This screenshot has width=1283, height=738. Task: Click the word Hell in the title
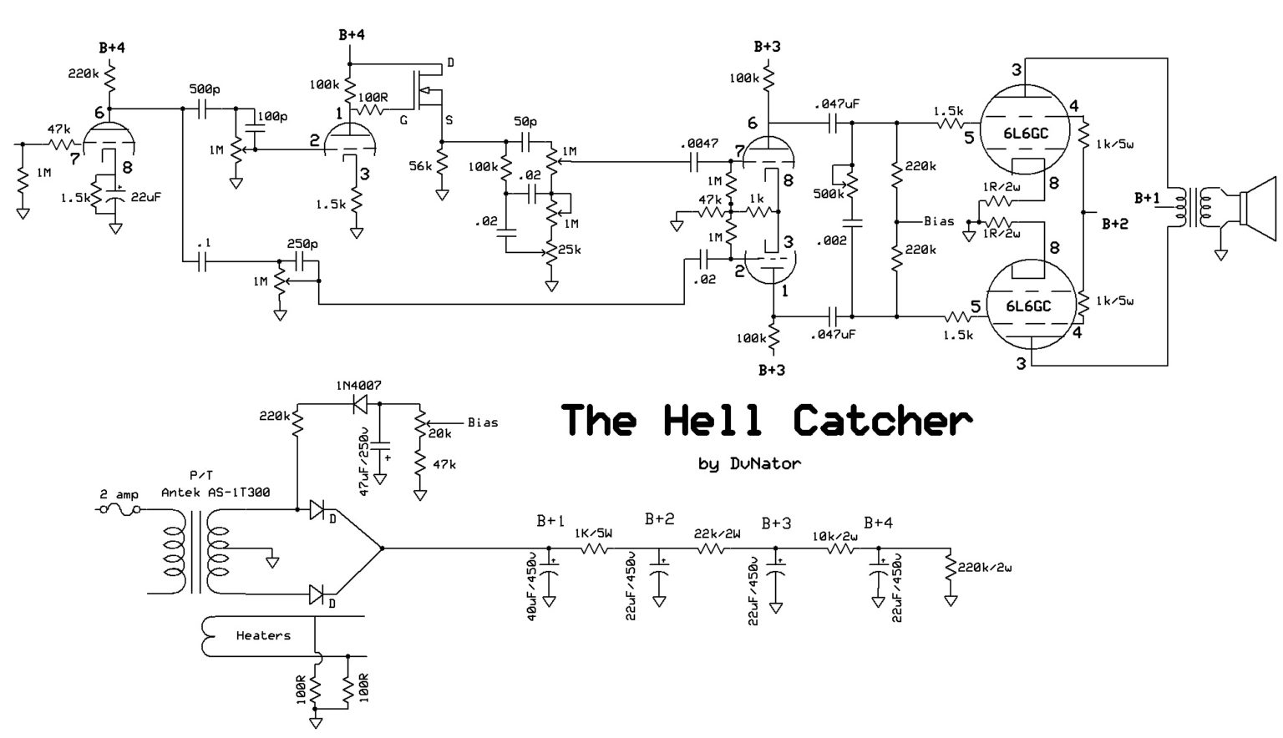(x=712, y=420)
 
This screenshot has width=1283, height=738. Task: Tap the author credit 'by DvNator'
(x=748, y=464)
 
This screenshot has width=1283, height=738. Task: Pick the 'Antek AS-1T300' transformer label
(x=216, y=493)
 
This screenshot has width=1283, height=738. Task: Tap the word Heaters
(x=263, y=635)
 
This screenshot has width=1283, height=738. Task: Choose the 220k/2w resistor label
(x=985, y=568)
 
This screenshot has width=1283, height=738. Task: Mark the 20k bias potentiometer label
(x=439, y=433)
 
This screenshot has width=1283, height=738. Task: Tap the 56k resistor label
(x=420, y=166)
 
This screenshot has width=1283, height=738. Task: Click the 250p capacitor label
(x=302, y=244)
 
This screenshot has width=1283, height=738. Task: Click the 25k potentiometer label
(x=570, y=250)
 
